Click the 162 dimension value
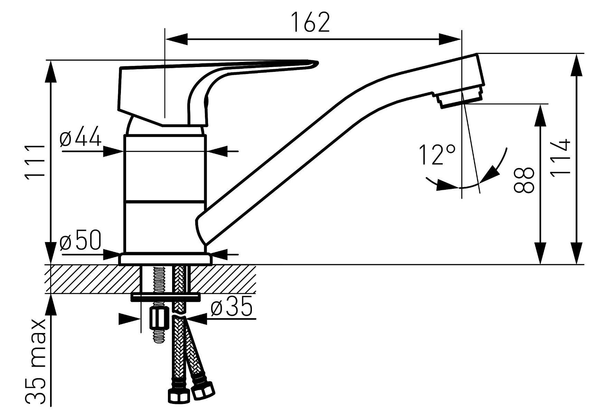click(310, 22)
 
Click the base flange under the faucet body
click(165, 259)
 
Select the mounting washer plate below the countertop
click(166, 297)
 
